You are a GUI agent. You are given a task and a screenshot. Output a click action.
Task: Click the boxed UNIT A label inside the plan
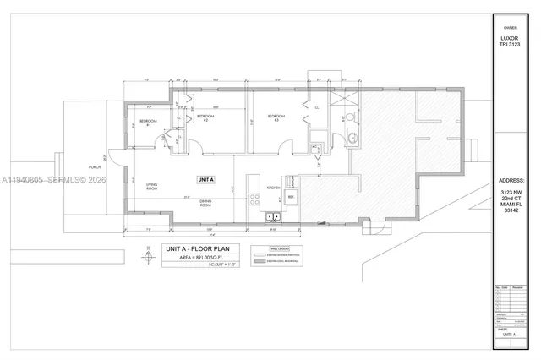click(206, 179)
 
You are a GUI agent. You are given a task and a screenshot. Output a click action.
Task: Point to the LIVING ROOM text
click(153, 188)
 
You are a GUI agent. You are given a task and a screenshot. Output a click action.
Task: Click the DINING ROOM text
click(205, 204)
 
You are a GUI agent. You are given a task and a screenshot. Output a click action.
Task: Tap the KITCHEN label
click(274, 187)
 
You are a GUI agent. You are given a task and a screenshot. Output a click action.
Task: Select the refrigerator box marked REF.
click(292, 198)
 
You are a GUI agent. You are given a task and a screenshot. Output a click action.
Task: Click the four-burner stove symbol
click(254, 199)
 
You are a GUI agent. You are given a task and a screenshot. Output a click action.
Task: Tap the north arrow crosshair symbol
click(149, 261)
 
